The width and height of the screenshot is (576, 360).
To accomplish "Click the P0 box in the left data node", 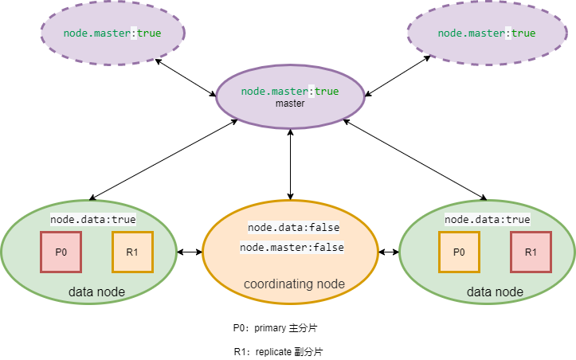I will pyautogui.click(x=61, y=252).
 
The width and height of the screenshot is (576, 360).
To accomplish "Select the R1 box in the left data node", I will pyautogui.click(x=132, y=252).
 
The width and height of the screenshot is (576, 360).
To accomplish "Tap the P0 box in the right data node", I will pyautogui.click(x=459, y=252).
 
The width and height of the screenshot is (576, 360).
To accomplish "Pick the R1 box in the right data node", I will pyautogui.click(x=531, y=252).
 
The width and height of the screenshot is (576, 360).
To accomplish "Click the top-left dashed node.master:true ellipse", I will pyautogui.click(x=112, y=33).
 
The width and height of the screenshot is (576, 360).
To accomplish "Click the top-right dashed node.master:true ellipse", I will pyautogui.click(x=487, y=33).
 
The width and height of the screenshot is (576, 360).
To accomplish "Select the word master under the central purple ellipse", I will pyautogui.click(x=290, y=104).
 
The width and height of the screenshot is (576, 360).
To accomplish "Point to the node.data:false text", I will pyautogui.click(x=293, y=227).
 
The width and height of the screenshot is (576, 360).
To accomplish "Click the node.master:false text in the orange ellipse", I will pyautogui.click(x=292, y=248).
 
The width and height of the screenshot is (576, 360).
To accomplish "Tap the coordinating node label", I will pyautogui.click(x=294, y=284).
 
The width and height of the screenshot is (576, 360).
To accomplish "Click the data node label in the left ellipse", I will pyautogui.click(x=96, y=292).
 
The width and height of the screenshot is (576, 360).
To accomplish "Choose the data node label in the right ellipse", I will pyautogui.click(x=495, y=292).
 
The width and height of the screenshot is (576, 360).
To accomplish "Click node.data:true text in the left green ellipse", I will pyautogui.click(x=93, y=219).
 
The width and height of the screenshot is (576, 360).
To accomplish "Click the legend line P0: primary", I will pyautogui.click(x=276, y=327).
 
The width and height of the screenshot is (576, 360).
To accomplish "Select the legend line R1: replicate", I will pyautogui.click(x=278, y=351).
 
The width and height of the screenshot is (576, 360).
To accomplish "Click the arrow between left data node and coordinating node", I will pyautogui.click(x=190, y=252).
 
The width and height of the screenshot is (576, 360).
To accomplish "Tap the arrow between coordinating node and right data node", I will pyautogui.click(x=389, y=252).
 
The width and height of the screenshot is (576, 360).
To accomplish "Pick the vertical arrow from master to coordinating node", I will pyautogui.click(x=290, y=165).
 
